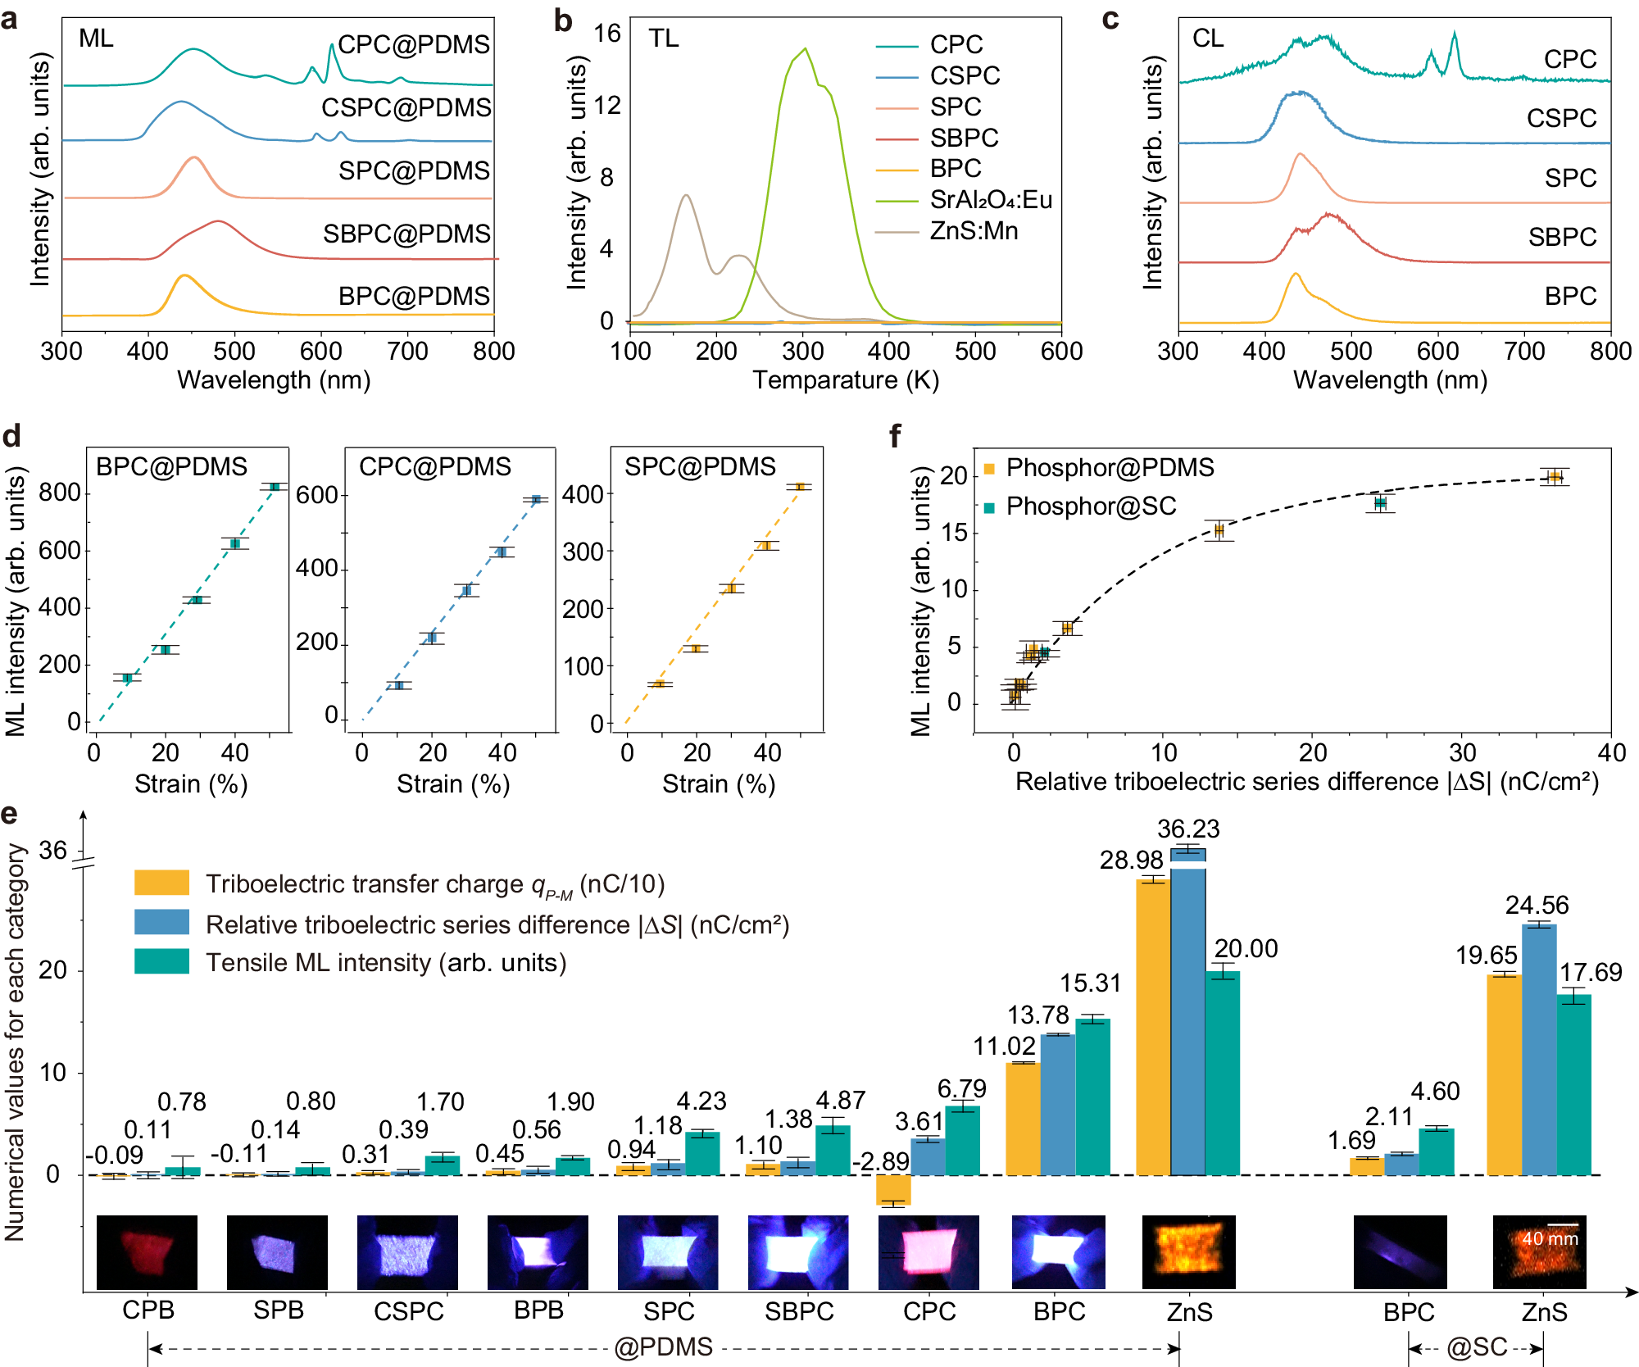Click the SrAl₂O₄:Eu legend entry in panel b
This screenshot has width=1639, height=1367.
[990, 200]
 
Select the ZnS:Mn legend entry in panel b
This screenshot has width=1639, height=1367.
[974, 231]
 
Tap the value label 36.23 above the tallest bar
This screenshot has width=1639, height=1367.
[1188, 829]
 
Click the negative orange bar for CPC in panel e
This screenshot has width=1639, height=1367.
[893, 1189]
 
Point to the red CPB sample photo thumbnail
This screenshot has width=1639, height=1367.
[147, 1251]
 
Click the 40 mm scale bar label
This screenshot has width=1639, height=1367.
[1550, 1238]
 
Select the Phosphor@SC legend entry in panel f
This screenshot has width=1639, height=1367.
[1090, 506]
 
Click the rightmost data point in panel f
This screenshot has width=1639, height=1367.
[1554, 477]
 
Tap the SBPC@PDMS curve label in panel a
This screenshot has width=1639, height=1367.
[406, 234]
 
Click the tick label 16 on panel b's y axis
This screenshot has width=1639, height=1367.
[607, 34]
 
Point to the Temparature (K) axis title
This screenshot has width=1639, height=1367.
[846, 380]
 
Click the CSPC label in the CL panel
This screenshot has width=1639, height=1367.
[1561, 118]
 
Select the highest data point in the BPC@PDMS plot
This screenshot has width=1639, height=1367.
[275, 487]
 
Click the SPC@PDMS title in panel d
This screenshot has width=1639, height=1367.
[700, 467]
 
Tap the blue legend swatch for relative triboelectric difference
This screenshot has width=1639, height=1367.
[161, 922]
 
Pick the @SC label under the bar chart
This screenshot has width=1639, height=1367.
[1476, 1347]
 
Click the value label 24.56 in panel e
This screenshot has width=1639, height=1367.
[1537, 906]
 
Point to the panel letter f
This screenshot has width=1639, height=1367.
[896, 437]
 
